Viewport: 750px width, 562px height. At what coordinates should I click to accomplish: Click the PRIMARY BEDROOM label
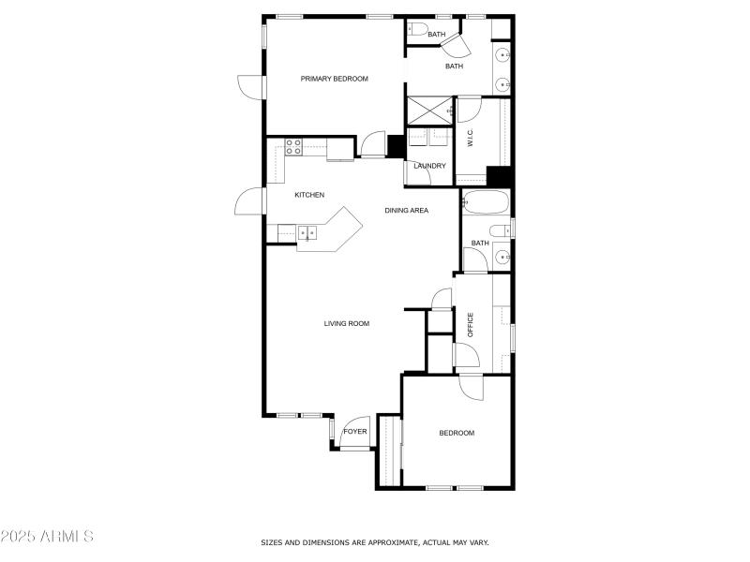click(x=334, y=79)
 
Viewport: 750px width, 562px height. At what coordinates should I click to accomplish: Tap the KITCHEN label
click(x=309, y=195)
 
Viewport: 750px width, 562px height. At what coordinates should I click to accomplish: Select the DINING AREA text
click(x=406, y=211)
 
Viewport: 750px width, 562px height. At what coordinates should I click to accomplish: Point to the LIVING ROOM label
click(x=347, y=324)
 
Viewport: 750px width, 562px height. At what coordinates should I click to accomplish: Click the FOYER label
click(x=354, y=432)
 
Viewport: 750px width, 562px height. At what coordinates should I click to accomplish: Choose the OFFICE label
click(x=471, y=324)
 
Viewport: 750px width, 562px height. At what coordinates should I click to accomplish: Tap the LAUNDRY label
click(x=429, y=166)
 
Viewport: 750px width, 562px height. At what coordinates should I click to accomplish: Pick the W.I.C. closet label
click(x=471, y=140)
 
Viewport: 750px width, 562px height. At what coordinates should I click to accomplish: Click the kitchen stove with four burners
click(x=293, y=147)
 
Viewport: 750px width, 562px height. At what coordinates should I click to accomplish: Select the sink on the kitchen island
click(x=307, y=232)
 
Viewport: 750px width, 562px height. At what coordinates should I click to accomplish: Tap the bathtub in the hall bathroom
click(x=485, y=201)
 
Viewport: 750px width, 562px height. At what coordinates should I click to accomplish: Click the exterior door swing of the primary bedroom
click(x=250, y=86)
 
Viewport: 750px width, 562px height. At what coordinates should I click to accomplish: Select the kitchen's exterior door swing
click(x=251, y=201)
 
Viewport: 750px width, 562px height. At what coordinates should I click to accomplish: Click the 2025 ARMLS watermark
click(x=47, y=537)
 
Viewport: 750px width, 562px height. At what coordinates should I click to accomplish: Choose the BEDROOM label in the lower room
click(x=457, y=433)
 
